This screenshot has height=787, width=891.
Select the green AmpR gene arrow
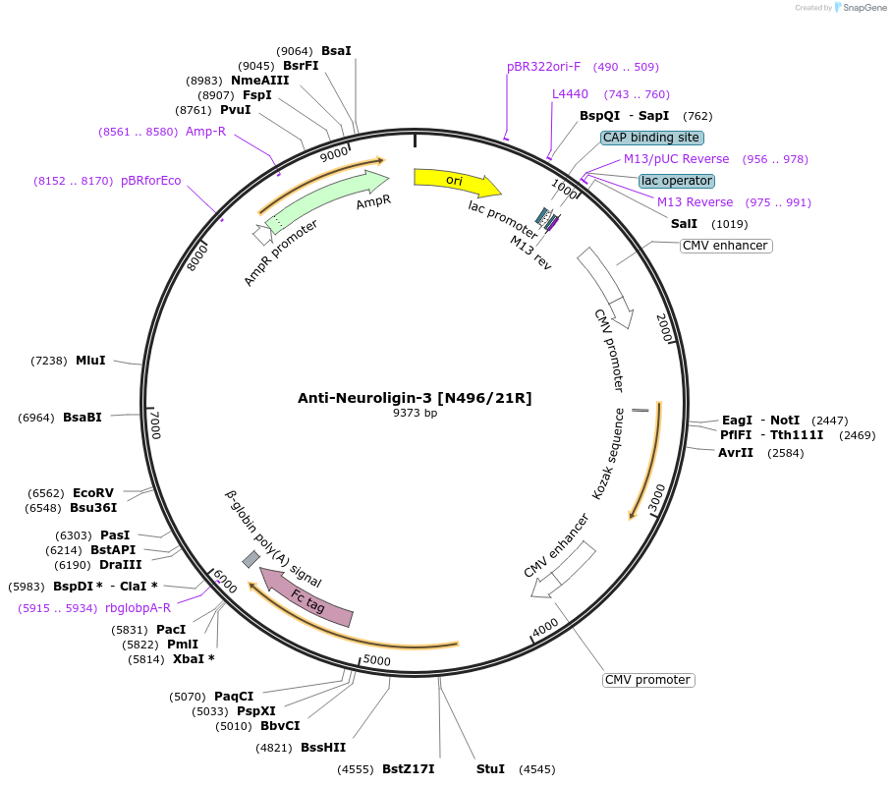click(x=324, y=196)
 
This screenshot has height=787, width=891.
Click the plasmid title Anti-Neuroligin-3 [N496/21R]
click(x=415, y=398)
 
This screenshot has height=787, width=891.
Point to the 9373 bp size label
click(x=415, y=413)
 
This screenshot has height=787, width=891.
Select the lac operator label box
click(x=676, y=181)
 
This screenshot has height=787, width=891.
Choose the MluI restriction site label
click(x=90, y=361)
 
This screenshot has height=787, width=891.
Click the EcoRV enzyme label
click(x=93, y=493)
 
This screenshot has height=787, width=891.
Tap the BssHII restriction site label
click(x=321, y=748)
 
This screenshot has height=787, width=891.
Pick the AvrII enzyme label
click(x=735, y=453)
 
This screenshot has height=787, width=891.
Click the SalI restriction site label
click(x=684, y=224)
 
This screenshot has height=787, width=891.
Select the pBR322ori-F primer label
click(x=543, y=67)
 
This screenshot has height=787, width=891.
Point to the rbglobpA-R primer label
click(x=138, y=607)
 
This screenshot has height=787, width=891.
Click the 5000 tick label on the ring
click(x=377, y=660)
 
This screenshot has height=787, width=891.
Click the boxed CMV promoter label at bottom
click(x=647, y=680)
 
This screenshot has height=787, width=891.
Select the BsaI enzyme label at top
click(x=336, y=50)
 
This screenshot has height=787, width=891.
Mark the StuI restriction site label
click(x=490, y=768)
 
